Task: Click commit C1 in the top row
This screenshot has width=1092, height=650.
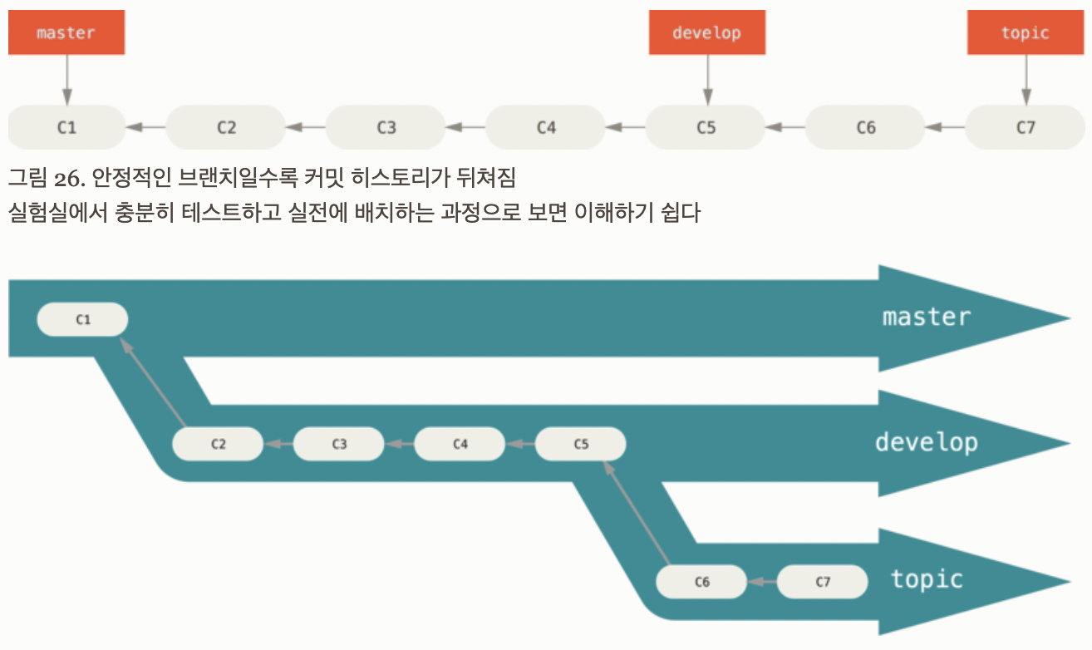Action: click(66, 127)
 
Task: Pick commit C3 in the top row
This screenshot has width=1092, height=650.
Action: click(386, 127)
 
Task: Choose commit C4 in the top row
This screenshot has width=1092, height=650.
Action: click(546, 127)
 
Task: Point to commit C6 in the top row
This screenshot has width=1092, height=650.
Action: click(866, 127)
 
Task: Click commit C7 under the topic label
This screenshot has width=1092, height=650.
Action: click(1026, 127)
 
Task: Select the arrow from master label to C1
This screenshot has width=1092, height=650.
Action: click(66, 80)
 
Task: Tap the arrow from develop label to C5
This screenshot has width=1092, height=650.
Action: click(706, 80)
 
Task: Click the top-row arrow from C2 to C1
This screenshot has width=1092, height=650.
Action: click(145, 127)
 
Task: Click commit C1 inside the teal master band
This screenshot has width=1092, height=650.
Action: click(82, 319)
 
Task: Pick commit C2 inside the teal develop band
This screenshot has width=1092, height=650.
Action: click(218, 444)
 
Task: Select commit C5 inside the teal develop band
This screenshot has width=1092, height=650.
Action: click(581, 444)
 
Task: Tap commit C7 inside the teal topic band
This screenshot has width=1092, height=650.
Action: click(823, 582)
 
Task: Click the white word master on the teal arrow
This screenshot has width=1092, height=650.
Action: click(926, 317)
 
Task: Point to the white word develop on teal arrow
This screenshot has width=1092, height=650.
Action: click(926, 441)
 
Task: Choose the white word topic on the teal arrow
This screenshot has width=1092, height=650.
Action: click(926, 579)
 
